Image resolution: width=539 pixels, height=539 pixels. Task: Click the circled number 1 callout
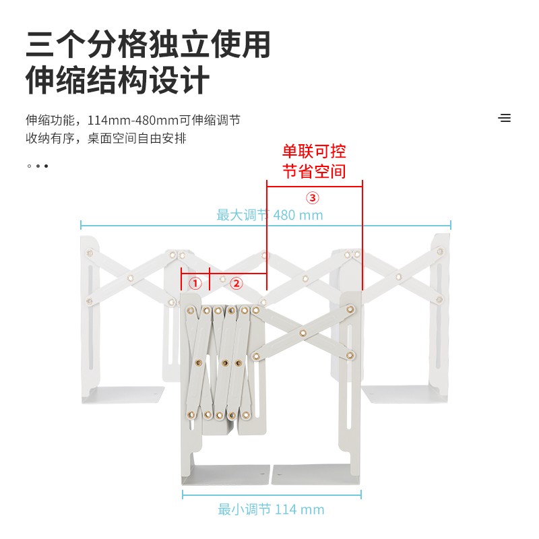click(x=195, y=284)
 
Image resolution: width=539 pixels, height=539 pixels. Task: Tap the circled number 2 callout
click(x=236, y=284)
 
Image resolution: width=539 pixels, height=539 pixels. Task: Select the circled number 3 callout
click(x=313, y=197)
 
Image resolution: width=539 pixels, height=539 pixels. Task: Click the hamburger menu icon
click(x=504, y=118)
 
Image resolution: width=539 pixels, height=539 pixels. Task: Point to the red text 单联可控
click(x=314, y=151)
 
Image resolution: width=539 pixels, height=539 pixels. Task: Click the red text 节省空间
click(x=314, y=171)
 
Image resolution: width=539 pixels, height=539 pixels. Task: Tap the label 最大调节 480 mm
click(x=270, y=215)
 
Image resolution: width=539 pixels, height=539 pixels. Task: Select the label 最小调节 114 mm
click(x=272, y=509)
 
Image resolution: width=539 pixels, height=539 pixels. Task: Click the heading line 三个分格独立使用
click(x=148, y=44)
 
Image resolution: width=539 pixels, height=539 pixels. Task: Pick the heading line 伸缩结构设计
click(x=117, y=80)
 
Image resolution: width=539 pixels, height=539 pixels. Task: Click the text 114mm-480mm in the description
click(x=133, y=121)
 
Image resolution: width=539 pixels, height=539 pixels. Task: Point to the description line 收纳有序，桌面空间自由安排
click(x=106, y=138)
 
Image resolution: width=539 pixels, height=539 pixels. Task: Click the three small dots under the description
click(x=38, y=166)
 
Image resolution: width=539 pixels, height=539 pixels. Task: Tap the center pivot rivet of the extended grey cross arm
click(x=303, y=333)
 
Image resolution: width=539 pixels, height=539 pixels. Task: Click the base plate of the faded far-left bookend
click(x=123, y=395)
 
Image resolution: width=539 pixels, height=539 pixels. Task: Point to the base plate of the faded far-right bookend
click(x=405, y=394)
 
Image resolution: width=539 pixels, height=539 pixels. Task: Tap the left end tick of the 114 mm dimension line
click(x=183, y=495)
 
